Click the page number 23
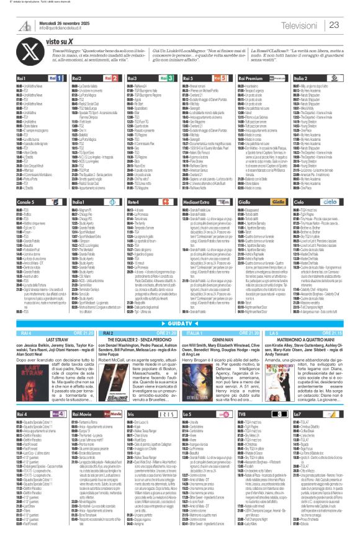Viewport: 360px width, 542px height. pos(333,24)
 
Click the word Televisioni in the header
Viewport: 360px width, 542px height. pos(299,24)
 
